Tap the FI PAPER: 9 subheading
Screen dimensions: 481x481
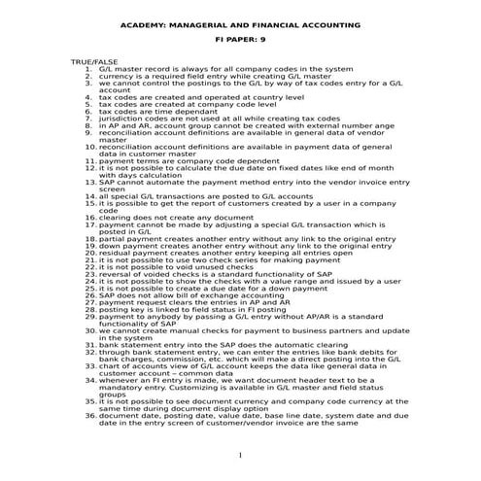click(239, 43)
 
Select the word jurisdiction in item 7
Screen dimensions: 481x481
click(120, 118)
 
